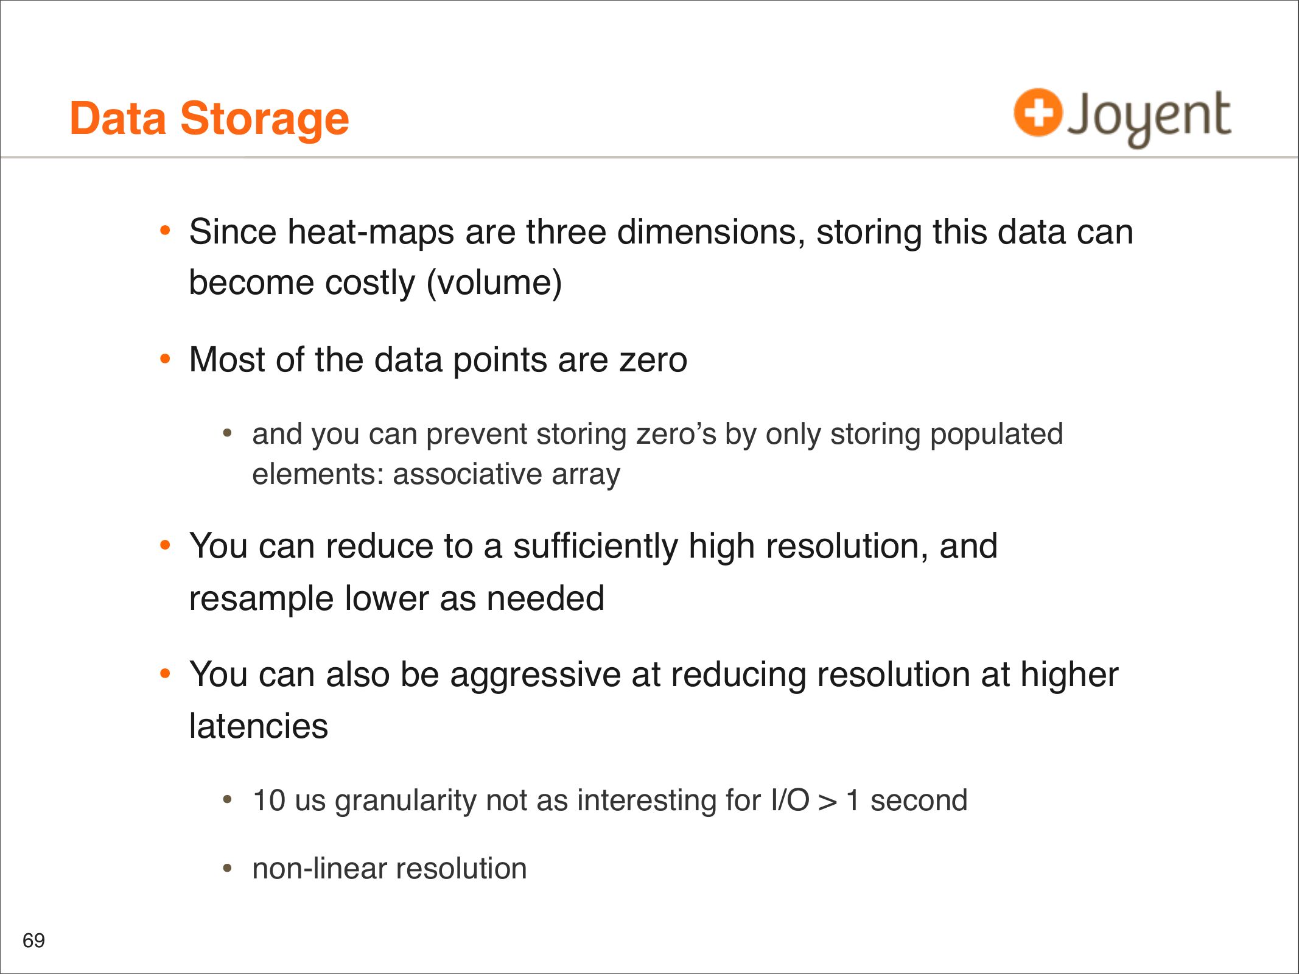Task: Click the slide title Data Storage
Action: pos(209,118)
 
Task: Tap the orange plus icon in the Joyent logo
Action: pos(1038,112)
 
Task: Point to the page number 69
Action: pos(33,941)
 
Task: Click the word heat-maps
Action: pos(371,232)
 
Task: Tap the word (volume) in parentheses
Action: pos(494,283)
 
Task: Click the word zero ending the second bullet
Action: pos(653,360)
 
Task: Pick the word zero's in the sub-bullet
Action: pos(676,435)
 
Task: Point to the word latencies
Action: pos(259,726)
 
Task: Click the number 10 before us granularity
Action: pos(269,801)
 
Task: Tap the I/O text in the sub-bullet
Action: pos(790,801)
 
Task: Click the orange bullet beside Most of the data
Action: pos(165,359)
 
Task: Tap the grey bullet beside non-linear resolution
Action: pos(228,868)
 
